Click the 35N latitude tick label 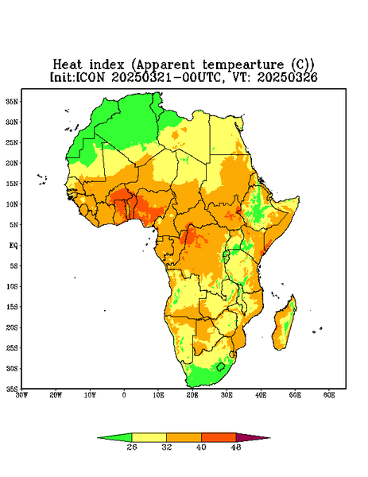click(x=12, y=101)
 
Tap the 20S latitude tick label click(x=12, y=328)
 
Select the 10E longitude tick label click(x=158, y=395)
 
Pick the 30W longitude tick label click(x=21, y=395)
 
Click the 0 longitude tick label click(x=124, y=395)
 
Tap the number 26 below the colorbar click(x=132, y=447)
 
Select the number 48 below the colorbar click(x=236, y=447)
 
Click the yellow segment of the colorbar click(x=149, y=437)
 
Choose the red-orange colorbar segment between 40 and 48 click(x=219, y=437)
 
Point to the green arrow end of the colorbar click(x=114, y=437)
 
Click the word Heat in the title click(x=68, y=64)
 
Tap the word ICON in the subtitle click(x=91, y=77)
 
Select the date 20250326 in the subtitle click(x=288, y=77)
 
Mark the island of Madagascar click(x=284, y=325)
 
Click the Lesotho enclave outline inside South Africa click(x=221, y=366)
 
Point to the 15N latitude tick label click(x=12, y=184)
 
